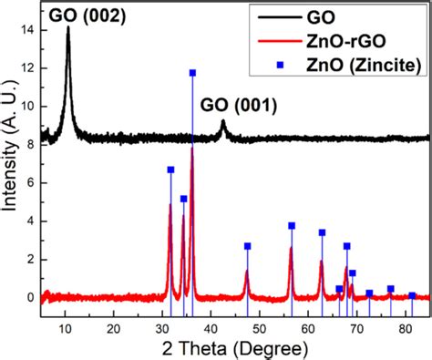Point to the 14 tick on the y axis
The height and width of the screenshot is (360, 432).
(30, 29)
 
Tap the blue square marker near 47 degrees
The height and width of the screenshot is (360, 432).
(247, 246)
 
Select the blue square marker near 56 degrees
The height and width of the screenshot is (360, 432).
(292, 225)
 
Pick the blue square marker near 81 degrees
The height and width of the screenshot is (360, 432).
(412, 295)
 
